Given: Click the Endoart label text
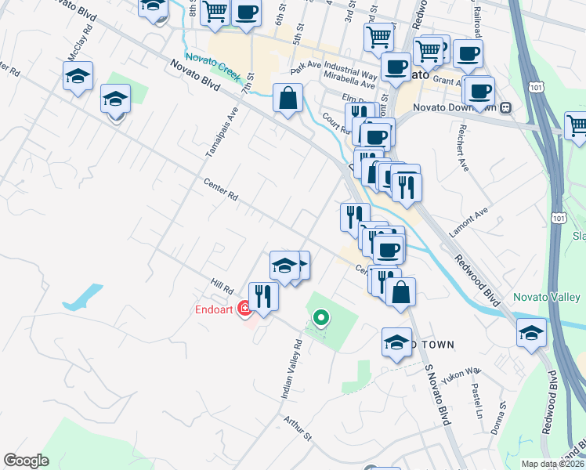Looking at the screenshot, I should (215, 309).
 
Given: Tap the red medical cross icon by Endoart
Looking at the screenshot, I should (245, 309).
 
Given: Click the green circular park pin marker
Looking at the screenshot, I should (320, 317).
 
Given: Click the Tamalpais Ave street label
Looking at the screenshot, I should (221, 129).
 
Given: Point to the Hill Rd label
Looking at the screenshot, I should (222, 288).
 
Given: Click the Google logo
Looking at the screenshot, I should (26, 461).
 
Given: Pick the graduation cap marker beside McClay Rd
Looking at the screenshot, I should (78, 77).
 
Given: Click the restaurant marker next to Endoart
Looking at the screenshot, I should (263, 297).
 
